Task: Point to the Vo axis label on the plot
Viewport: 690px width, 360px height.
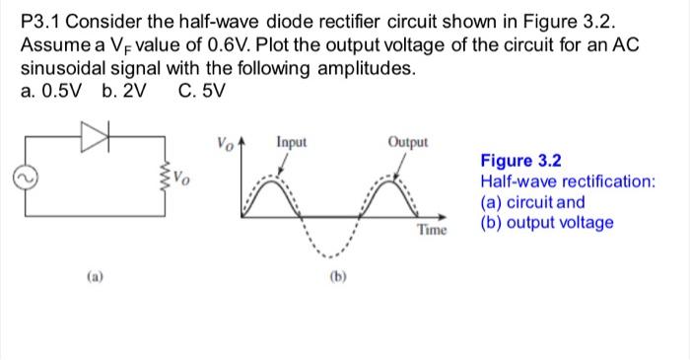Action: [224, 144]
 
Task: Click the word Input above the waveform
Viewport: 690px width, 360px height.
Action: [291, 142]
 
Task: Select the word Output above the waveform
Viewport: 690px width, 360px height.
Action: [408, 142]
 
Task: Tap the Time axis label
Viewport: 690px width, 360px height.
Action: [432, 230]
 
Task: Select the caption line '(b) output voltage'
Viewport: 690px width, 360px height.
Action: [547, 222]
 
